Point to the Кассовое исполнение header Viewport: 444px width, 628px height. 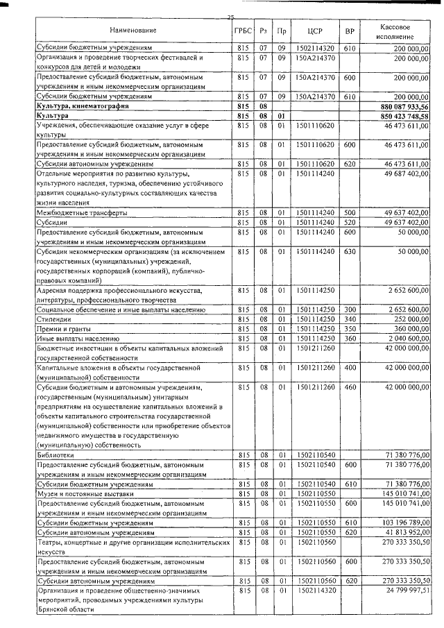click(x=398, y=30)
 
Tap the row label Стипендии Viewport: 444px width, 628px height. click(x=54, y=319)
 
